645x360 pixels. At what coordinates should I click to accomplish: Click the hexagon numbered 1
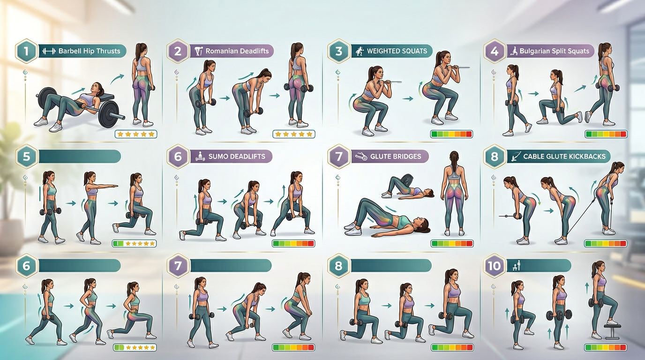pyautogui.click(x=26, y=51)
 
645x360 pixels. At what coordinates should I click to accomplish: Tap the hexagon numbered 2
pyautogui.click(x=178, y=51)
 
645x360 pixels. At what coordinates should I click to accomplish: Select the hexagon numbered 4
pyautogui.click(x=494, y=51)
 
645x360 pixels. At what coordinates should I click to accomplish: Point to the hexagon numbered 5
pyautogui.click(x=26, y=156)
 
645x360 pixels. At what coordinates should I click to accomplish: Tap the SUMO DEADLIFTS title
pyautogui.click(x=236, y=156)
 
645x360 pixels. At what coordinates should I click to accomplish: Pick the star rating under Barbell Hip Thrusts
pyautogui.click(x=136, y=135)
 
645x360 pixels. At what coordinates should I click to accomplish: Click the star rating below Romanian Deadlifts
pyautogui.click(x=294, y=135)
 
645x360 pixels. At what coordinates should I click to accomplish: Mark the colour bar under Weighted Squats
pyautogui.click(x=451, y=135)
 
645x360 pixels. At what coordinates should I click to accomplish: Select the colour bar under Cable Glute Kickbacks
pyautogui.click(x=606, y=243)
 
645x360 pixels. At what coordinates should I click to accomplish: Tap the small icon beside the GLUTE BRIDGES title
pyautogui.click(x=361, y=157)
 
